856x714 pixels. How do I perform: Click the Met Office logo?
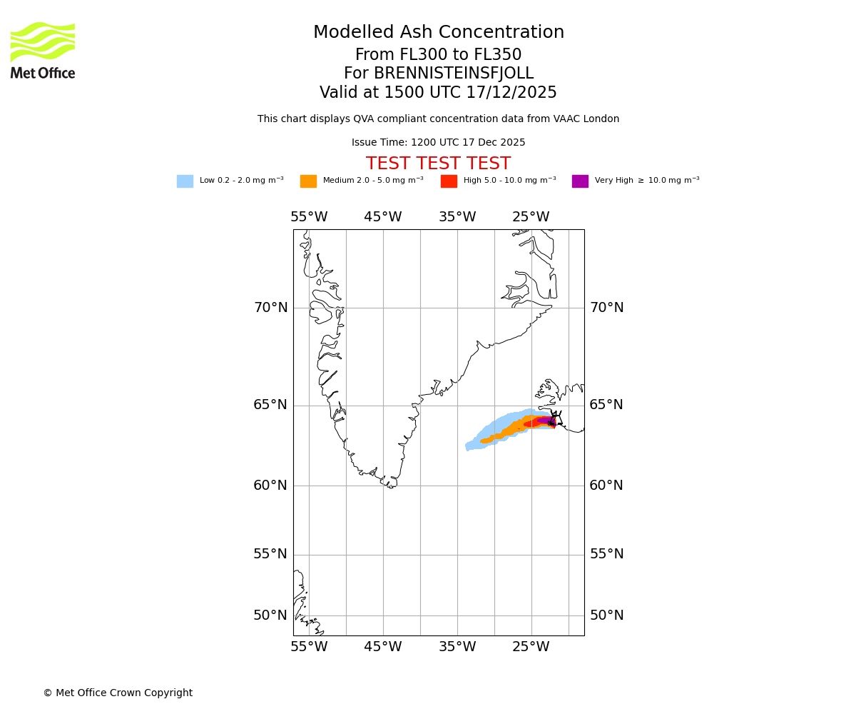[43, 51]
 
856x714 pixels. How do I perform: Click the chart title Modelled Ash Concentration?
[439, 33]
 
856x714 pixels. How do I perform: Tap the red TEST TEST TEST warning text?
[439, 164]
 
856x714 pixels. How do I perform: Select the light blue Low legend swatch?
[185, 181]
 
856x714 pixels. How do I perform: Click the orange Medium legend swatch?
[308, 181]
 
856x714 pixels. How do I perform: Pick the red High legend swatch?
[449, 181]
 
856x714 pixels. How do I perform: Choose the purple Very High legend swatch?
[580, 181]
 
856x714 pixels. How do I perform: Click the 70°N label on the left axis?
[271, 308]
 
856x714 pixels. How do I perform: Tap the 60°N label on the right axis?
[606, 486]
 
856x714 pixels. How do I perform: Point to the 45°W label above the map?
[383, 217]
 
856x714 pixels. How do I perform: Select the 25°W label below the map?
[531, 647]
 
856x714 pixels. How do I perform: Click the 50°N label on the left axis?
[271, 615]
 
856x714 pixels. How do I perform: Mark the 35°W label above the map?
[457, 217]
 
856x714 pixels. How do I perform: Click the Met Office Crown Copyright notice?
[118, 693]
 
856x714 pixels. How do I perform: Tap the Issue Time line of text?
[439, 143]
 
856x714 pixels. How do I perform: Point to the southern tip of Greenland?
[390, 486]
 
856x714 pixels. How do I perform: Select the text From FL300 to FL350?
[439, 55]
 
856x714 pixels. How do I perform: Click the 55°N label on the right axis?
[606, 554]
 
